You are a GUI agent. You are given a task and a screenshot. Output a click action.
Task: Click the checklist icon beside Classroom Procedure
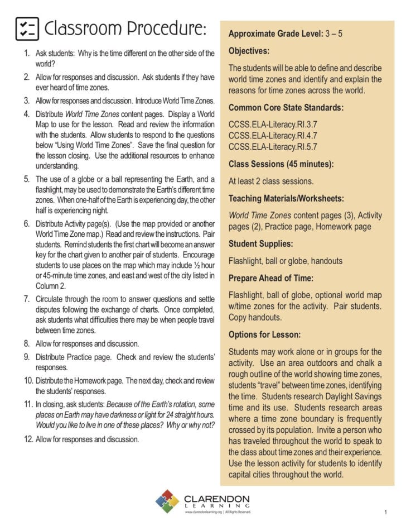point(27,28)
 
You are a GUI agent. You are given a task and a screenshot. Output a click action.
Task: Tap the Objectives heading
point(249,51)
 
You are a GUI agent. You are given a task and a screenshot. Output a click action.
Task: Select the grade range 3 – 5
point(333,34)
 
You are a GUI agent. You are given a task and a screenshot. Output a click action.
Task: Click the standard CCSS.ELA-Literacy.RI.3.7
point(272,125)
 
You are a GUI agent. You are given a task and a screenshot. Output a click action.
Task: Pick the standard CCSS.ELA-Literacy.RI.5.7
point(272,147)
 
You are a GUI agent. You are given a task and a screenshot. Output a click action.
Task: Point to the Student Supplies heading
point(260,244)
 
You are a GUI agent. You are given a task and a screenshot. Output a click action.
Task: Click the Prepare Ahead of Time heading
point(270,278)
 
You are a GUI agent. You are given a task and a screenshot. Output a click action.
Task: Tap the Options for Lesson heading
point(264,334)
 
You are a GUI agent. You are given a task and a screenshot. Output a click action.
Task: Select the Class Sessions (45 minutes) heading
point(281,164)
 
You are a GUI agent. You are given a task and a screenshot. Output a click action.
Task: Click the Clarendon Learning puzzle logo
point(167,501)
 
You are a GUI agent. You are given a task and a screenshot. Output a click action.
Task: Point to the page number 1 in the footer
point(385,511)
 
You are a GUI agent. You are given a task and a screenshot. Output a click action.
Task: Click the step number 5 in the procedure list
point(27,180)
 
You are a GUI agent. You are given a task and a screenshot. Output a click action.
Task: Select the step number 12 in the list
point(26,439)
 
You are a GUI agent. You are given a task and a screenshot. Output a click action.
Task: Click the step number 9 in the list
point(27,357)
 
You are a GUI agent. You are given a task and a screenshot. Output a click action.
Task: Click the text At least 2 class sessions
point(271,181)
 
